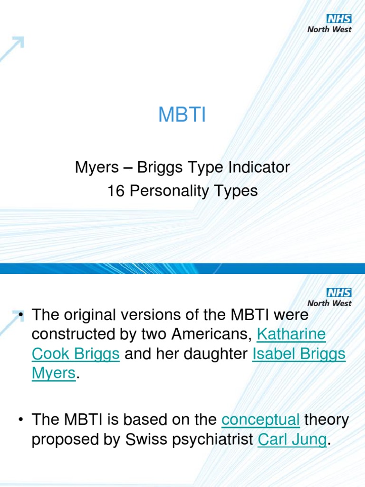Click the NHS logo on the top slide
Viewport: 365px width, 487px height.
(339, 19)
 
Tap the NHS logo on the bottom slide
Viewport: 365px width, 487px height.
(339, 292)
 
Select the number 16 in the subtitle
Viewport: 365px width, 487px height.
(115, 191)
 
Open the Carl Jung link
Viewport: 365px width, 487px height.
(292, 440)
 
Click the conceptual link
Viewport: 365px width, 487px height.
(260, 420)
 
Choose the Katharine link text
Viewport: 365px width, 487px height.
(291, 334)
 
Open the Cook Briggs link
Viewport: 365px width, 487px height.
(76, 354)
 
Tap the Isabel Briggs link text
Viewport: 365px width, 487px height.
(299, 354)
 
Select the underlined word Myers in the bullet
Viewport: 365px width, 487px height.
(53, 374)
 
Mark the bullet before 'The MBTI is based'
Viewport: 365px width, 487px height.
(20, 420)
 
